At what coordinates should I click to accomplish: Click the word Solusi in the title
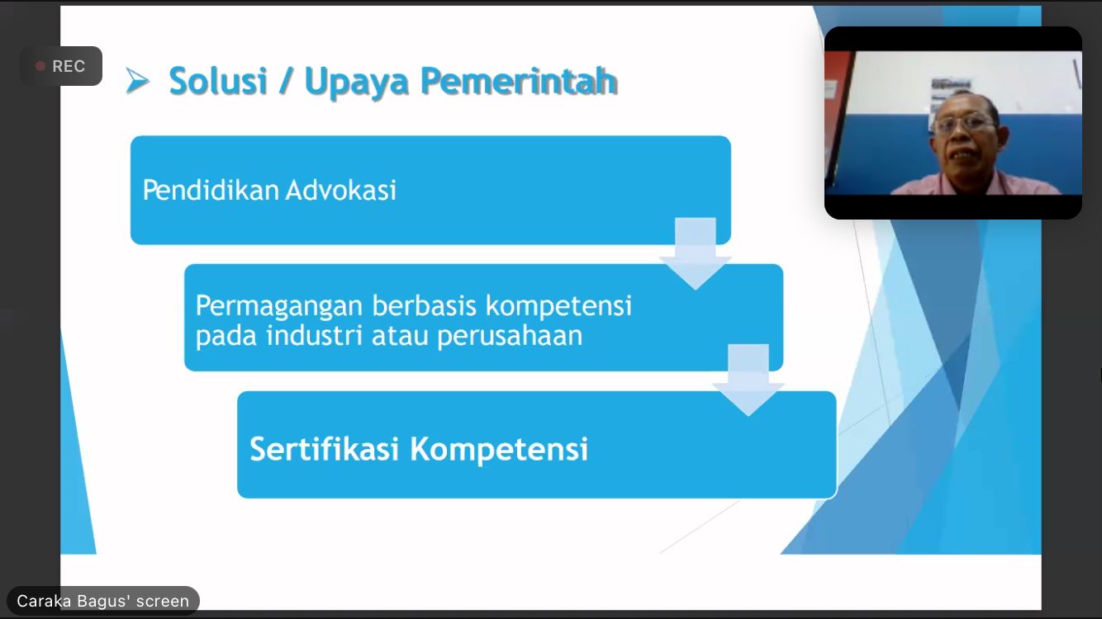pos(218,81)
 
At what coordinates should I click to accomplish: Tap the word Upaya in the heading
pos(357,82)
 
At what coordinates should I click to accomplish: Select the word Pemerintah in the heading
pos(519,81)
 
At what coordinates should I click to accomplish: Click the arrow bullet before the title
pos(137,81)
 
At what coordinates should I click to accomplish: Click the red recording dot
pos(40,66)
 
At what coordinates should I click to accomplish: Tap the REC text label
pos(69,66)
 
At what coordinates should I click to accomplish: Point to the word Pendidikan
pos(211,191)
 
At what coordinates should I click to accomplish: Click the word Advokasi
pos(340,191)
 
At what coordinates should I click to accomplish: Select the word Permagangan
pos(279,307)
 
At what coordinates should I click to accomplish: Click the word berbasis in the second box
pos(424,305)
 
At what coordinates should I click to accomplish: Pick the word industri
pos(315,336)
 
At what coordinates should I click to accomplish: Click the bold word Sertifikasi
pos(324,449)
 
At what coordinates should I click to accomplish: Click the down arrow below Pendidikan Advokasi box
pos(695,253)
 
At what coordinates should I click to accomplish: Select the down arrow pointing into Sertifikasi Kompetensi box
pos(748,380)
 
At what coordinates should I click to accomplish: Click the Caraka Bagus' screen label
pos(102,601)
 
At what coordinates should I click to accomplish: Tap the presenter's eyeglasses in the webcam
pos(964,123)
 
